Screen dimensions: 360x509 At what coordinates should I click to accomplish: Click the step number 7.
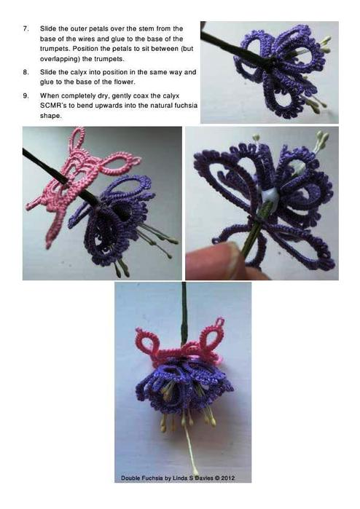point(26,28)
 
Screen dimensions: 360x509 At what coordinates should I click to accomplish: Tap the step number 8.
point(26,72)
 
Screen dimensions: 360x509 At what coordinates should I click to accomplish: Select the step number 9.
point(26,96)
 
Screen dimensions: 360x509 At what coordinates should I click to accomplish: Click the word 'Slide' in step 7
point(48,28)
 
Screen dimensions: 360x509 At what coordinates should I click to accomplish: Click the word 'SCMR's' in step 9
point(50,106)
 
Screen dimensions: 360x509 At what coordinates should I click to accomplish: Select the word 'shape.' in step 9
point(50,116)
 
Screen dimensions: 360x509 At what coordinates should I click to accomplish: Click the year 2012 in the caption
point(228,478)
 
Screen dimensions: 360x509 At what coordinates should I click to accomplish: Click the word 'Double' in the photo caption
point(130,478)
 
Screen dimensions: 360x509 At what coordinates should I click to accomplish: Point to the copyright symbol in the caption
point(216,478)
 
